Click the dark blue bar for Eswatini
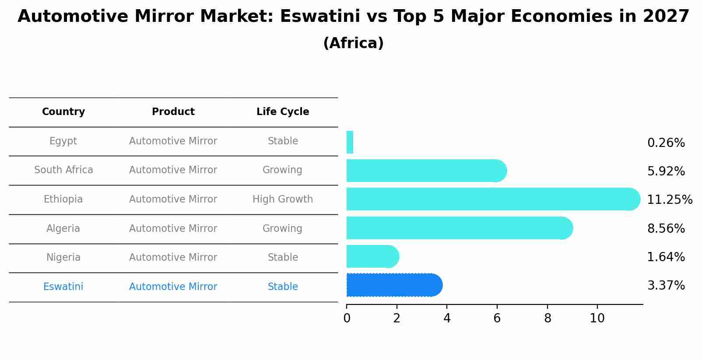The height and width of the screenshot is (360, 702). (x=394, y=285)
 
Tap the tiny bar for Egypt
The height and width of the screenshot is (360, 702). (x=350, y=143)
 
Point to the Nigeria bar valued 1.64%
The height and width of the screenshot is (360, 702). (x=372, y=257)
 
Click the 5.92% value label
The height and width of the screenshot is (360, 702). (x=666, y=171)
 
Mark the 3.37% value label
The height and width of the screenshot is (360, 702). (x=666, y=286)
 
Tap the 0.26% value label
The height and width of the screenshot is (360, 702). (x=666, y=143)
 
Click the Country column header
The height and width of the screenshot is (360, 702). (x=63, y=112)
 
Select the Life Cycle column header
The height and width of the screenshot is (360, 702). (x=283, y=112)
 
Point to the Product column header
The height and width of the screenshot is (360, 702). (x=173, y=112)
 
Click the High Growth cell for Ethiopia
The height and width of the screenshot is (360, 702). (x=283, y=199)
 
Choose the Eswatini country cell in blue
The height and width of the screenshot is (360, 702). (x=63, y=287)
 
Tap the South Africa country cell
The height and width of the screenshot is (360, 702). (x=63, y=170)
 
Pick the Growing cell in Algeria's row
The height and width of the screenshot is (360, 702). (x=282, y=229)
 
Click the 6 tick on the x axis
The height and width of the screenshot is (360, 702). (x=497, y=318)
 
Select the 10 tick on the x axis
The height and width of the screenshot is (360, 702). (x=597, y=318)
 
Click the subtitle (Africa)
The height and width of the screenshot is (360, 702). (x=353, y=43)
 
